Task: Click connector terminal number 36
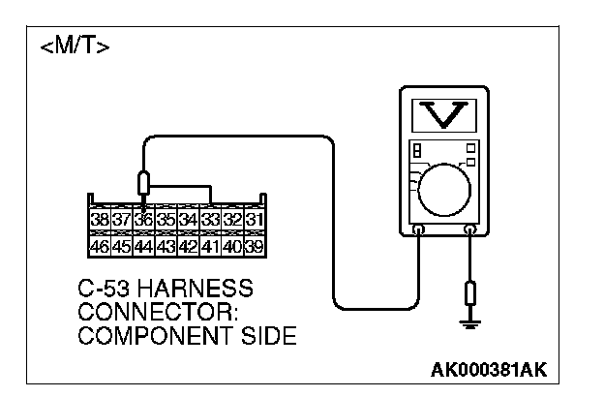click(142, 221)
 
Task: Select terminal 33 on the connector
click(209, 221)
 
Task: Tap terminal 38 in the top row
click(99, 221)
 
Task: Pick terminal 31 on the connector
click(254, 221)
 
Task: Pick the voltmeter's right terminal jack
click(470, 230)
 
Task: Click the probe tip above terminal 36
click(143, 185)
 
